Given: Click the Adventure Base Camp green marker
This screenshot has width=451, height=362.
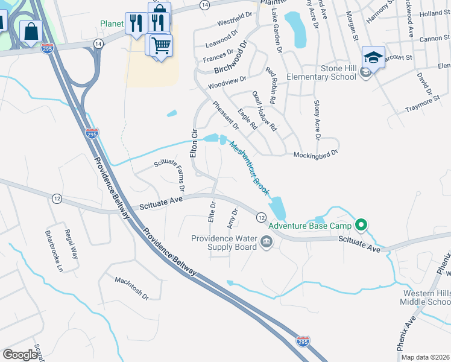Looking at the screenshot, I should [x=361, y=226].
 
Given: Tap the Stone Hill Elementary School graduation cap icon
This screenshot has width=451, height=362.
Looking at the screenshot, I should [x=373, y=57].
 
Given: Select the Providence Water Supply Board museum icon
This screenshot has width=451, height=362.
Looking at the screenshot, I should [x=266, y=243].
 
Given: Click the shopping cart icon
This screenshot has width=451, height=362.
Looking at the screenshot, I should [x=161, y=45].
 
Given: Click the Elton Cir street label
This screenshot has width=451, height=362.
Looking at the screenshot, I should [x=194, y=144].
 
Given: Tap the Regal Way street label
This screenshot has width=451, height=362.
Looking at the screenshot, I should [x=71, y=244].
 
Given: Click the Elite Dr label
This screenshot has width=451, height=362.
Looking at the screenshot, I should [x=212, y=212].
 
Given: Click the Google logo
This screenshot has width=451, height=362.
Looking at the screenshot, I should [x=20, y=355].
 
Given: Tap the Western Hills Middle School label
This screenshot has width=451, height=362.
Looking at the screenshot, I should [x=426, y=297].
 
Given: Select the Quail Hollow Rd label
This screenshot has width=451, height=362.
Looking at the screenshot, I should [x=264, y=111].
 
